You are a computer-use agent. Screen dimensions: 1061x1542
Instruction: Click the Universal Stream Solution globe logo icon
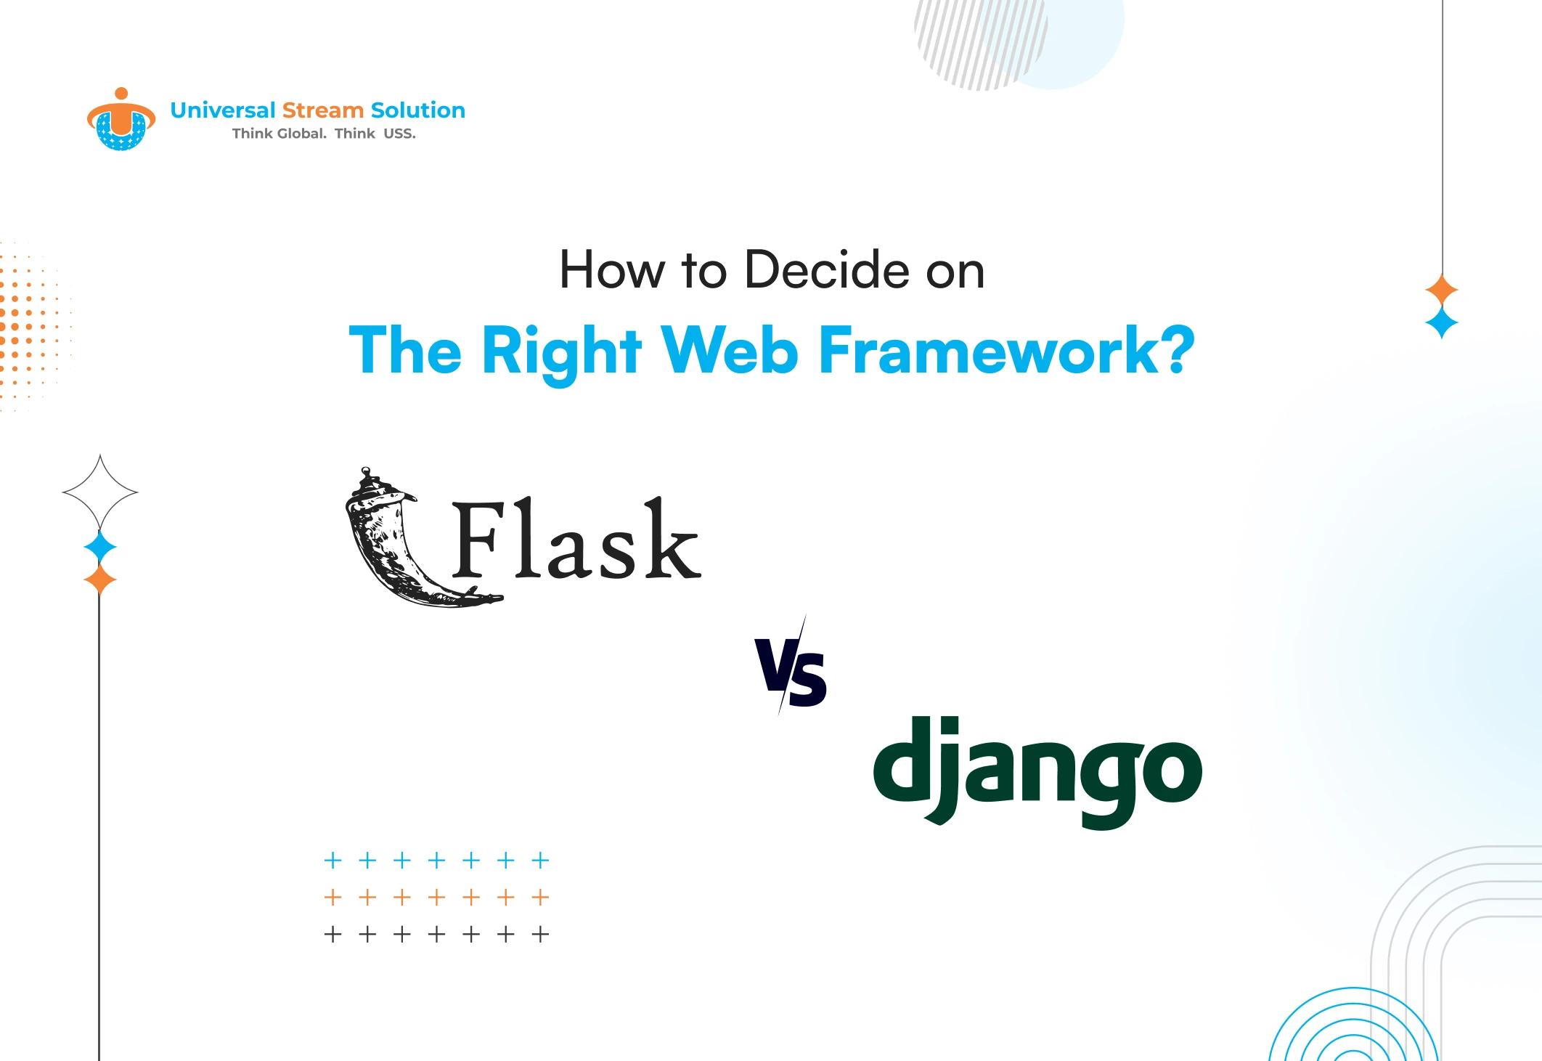point(121,121)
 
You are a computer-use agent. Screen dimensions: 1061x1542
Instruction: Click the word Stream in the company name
point(322,110)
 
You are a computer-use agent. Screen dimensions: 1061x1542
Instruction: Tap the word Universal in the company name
point(223,110)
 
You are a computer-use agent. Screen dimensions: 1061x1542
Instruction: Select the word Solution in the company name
point(417,110)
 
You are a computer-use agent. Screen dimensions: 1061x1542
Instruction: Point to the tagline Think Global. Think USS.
point(324,134)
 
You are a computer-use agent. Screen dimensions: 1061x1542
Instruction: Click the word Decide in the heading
point(827,270)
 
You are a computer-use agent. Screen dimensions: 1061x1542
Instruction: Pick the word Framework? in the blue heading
point(1007,351)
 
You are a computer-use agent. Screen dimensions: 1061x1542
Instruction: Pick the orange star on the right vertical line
point(1442,290)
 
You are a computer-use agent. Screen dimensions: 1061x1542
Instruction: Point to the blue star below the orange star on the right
point(1442,322)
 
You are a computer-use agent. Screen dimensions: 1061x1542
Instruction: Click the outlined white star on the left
point(100,492)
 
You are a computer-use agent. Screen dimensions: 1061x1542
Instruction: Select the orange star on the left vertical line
point(100,580)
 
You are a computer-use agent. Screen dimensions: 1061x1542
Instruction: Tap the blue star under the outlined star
point(100,548)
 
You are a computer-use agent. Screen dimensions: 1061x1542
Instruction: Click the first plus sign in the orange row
point(333,898)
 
